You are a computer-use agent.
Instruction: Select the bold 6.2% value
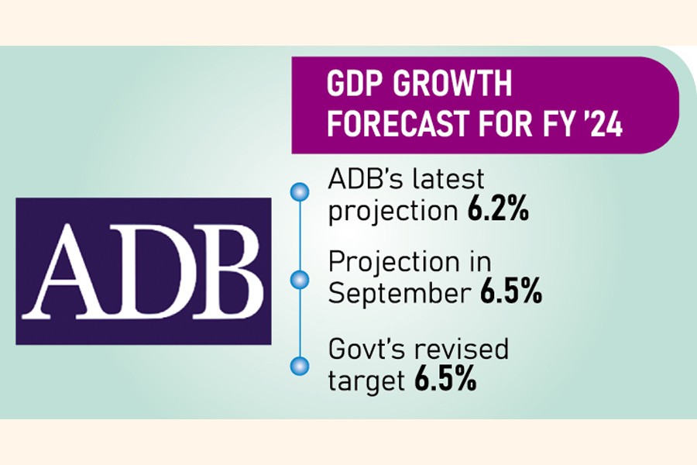coord(498,212)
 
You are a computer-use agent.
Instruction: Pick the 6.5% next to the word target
coord(445,381)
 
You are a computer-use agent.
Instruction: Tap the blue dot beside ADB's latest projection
coord(294,191)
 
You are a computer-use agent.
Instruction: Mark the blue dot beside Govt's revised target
coord(294,364)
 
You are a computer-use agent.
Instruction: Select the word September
coord(398,295)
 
